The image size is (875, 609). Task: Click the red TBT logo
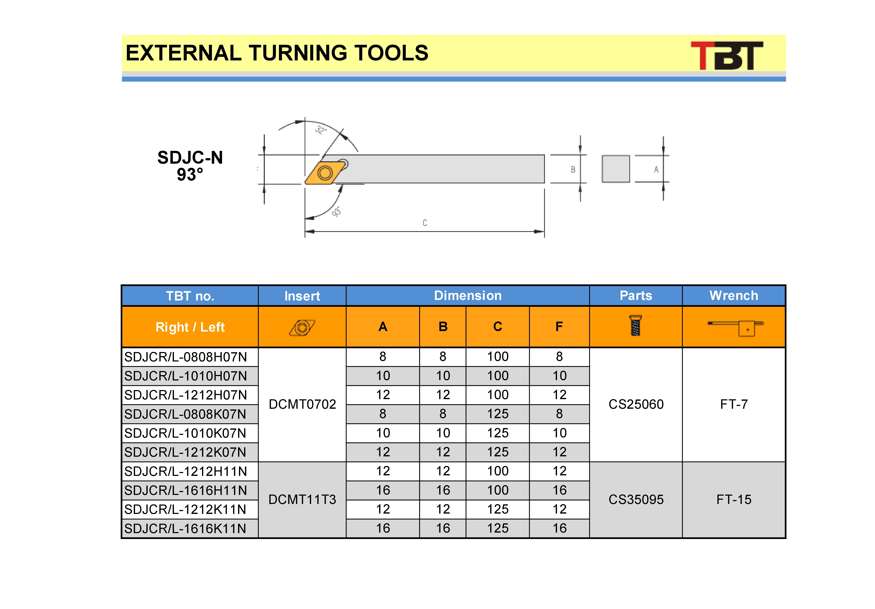(727, 56)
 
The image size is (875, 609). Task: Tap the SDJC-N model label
(190, 157)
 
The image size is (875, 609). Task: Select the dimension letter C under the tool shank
(425, 222)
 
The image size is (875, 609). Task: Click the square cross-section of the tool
(615, 169)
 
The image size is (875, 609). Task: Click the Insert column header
(302, 296)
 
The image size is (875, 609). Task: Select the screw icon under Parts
(635, 325)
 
